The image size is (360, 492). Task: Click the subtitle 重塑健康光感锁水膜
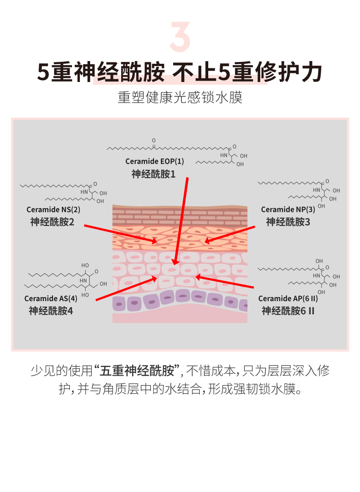180,98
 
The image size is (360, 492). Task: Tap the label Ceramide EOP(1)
155,161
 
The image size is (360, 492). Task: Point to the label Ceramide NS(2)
53,210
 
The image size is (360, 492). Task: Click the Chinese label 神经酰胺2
52,222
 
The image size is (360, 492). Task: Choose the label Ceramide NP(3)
288,210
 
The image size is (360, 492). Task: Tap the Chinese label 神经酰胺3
288,222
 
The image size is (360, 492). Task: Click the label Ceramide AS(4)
51,299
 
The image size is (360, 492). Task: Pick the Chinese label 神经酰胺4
51,311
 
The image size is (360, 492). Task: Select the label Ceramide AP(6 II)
288,299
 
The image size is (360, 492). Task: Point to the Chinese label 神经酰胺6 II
288,311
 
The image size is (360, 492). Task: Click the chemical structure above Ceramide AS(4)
66,279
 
